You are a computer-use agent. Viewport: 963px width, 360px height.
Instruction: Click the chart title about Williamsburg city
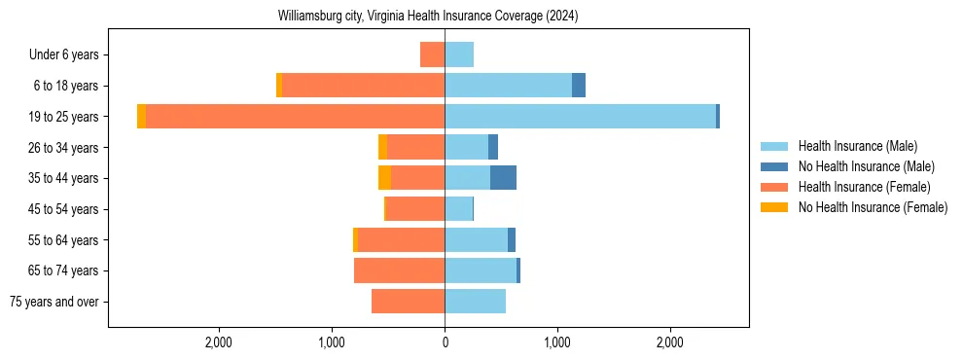[x=428, y=17]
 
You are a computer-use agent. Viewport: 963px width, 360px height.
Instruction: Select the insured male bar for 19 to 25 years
[x=580, y=117]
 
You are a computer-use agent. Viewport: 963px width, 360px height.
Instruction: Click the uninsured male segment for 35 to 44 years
[x=503, y=178]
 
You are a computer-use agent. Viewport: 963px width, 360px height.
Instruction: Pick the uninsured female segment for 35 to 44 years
[x=385, y=178]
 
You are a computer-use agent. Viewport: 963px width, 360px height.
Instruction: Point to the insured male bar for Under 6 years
[x=459, y=54]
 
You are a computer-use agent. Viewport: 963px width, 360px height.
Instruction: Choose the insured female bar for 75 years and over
[x=408, y=302]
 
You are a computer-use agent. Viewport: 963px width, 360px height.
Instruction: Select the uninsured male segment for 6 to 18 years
[x=579, y=86]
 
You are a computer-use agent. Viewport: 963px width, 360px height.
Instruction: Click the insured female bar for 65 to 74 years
[x=399, y=270]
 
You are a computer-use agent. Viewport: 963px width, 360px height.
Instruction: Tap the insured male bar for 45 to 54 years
[x=458, y=209]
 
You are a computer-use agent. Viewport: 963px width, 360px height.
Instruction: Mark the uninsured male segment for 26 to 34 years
[x=493, y=147]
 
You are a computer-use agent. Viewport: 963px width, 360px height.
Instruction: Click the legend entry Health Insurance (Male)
[x=857, y=146]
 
